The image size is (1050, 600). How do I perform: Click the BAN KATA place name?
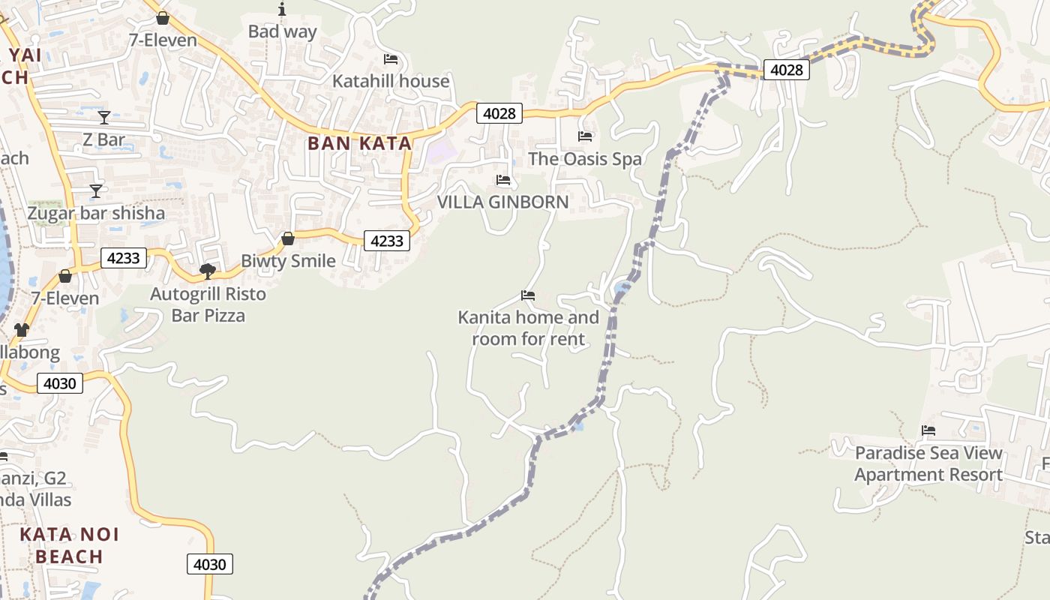pos(359,143)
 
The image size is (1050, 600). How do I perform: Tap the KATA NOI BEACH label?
pos(69,545)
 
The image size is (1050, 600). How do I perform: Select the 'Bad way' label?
pos(282,31)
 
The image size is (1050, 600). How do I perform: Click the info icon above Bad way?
pos(282,9)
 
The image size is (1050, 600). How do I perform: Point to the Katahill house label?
pos(391,81)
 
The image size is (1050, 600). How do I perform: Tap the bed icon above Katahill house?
pos(391,59)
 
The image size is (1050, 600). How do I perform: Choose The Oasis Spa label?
pos(585,159)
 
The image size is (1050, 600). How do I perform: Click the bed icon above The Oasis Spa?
pos(585,136)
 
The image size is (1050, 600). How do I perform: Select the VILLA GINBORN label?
pos(502,202)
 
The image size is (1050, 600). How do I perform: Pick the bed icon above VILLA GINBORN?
pos(503,180)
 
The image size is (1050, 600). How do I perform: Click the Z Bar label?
pos(104,139)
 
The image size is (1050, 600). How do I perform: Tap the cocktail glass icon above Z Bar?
pos(104,118)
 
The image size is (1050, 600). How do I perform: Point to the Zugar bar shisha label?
pos(96,213)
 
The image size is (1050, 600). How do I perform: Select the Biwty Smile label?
pos(288,261)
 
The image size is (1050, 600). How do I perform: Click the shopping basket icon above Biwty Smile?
pos(287,238)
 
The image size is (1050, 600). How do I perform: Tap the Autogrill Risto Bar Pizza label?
pos(208,304)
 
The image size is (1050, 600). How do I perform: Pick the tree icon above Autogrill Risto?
pos(208,271)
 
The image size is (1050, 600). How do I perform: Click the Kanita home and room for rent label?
pos(528,328)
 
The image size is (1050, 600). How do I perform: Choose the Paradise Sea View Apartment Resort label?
pos(928,463)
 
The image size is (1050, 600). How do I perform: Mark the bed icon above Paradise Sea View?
pos(928,430)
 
